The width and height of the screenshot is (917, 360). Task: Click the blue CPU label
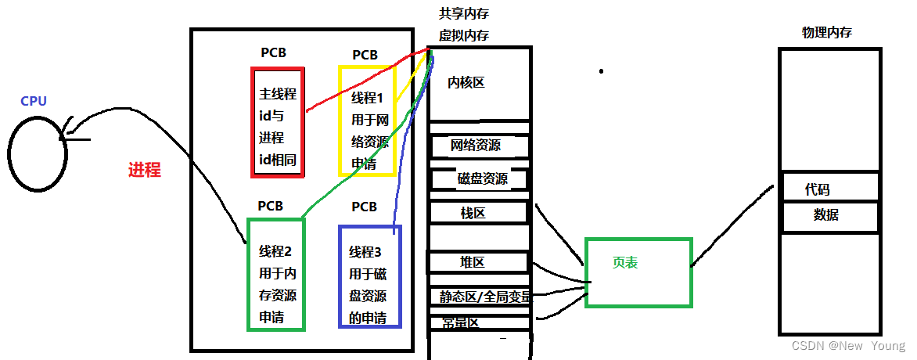pyautogui.click(x=34, y=101)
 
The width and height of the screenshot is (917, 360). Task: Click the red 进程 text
pyautogui.click(x=144, y=170)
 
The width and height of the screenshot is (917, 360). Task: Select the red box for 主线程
pyautogui.click(x=278, y=122)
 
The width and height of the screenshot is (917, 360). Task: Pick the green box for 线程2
pyautogui.click(x=276, y=274)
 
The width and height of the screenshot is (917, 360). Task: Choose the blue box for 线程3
pyautogui.click(x=369, y=275)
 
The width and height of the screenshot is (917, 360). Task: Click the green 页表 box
pyautogui.click(x=638, y=272)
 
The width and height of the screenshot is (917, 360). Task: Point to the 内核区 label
pyautogui.click(x=466, y=82)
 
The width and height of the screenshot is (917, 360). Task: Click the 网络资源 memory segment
pyautogui.click(x=476, y=146)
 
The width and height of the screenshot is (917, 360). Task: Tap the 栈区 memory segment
pyautogui.click(x=473, y=213)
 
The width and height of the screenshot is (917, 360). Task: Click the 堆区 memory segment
pyautogui.click(x=473, y=262)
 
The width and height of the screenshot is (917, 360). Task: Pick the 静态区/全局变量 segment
pyautogui.click(x=484, y=297)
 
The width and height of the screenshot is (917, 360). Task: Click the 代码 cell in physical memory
pyautogui.click(x=817, y=189)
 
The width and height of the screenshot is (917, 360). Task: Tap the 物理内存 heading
pyautogui.click(x=827, y=33)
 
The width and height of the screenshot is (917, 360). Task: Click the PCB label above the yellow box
pyautogui.click(x=365, y=55)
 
